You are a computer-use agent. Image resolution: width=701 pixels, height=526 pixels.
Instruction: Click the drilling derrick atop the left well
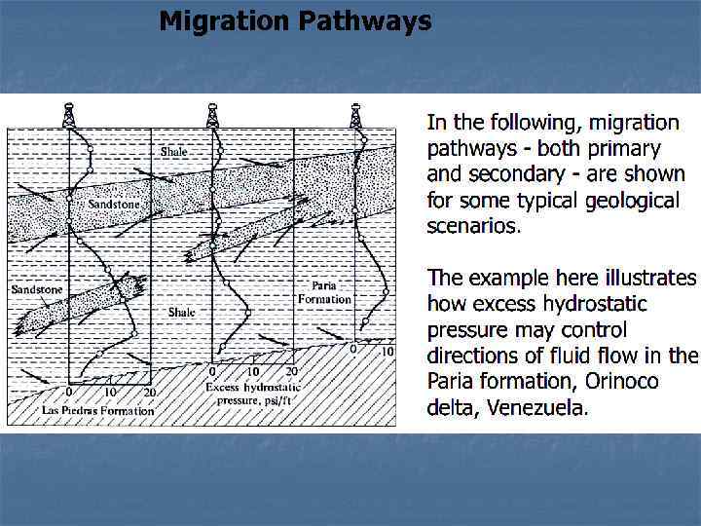pos(68,115)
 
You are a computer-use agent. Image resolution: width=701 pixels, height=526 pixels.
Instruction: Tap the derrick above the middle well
pos(212,115)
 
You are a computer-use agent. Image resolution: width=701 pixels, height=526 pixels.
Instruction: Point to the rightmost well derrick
pos(355,115)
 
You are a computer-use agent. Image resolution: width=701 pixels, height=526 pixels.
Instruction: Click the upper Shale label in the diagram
pos(174,151)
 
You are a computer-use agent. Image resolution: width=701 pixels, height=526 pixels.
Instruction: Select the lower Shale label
pos(181,313)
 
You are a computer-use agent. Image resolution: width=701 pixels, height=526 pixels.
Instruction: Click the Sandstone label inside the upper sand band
pos(113,205)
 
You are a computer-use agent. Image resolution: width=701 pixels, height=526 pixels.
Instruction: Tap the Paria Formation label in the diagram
pos(324,292)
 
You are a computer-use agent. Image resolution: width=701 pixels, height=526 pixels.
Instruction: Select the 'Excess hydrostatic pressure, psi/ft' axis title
pos(252,394)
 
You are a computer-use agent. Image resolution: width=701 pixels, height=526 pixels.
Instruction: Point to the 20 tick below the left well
pos(149,392)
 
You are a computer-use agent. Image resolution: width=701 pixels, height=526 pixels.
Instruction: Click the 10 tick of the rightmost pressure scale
pos(386,351)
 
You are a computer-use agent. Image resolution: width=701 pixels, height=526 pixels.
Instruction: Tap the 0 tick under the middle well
pos(213,371)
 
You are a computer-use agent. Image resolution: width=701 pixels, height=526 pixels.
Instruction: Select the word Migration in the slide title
pos(223,20)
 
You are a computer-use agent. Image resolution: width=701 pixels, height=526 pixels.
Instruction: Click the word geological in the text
pos(632,201)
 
